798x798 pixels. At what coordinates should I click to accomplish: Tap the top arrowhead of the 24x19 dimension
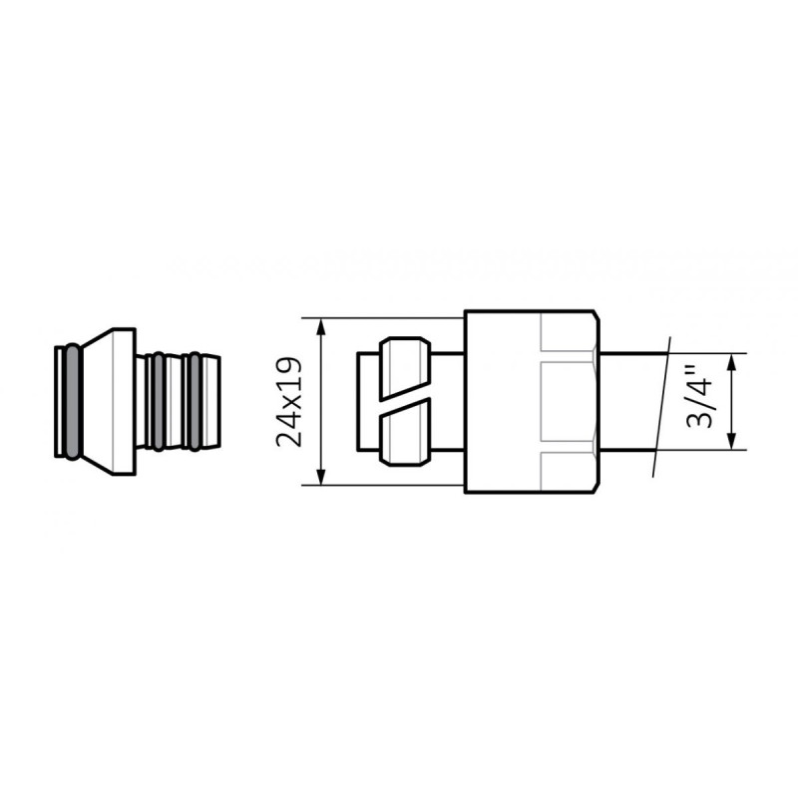coord(322,324)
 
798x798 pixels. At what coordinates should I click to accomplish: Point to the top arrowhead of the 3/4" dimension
coord(733,359)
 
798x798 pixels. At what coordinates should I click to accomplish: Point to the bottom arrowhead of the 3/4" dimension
coord(733,444)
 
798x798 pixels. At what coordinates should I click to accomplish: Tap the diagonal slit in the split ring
coord(405,402)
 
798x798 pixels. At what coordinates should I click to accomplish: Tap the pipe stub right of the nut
coord(628,402)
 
